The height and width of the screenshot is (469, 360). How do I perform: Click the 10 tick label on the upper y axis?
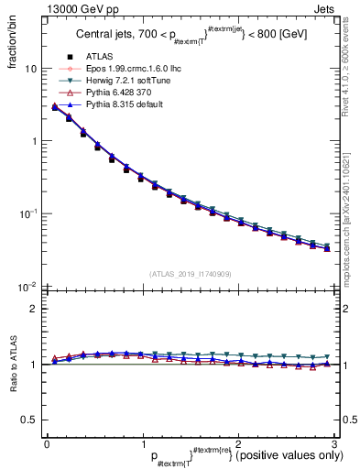coord(29,69)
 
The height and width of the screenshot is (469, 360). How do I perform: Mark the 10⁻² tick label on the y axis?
coord(27,285)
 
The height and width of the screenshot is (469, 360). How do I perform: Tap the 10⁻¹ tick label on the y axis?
coord(27,213)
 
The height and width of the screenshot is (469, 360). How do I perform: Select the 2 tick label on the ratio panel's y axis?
coord(32,309)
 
